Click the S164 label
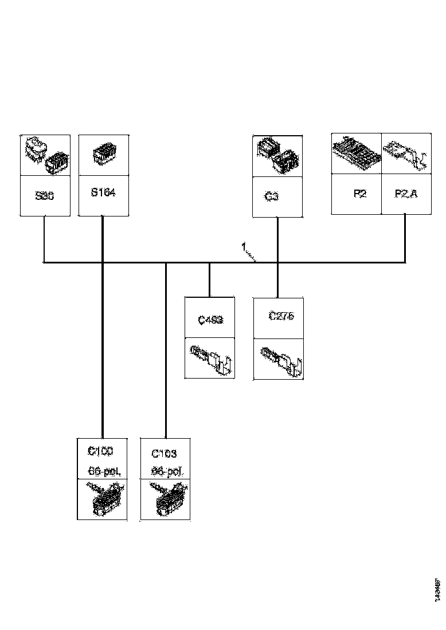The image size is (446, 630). coord(103,193)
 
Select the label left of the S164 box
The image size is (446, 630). coord(45,195)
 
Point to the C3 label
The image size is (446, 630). coord(272,196)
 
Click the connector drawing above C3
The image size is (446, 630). coord(277,155)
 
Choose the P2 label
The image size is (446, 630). coord(359,194)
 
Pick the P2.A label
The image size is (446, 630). coord(406,194)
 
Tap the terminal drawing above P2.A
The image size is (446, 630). coord(406,154)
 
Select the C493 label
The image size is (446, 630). coord(210,320)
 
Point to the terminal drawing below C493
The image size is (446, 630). coord(210,359)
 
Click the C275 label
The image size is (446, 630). coord(281,316)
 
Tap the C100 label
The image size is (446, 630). coord(100,452)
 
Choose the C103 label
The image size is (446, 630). coord(164,454)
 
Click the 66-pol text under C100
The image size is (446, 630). coord(105,471)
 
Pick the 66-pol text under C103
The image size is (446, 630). coord(167,472)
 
